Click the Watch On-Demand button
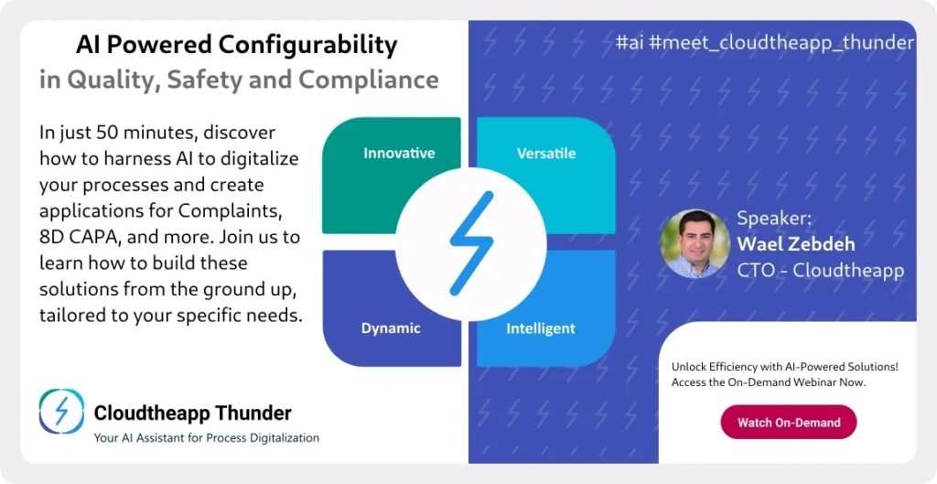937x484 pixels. (x=789, y=423)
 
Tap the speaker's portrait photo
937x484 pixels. (x=695, y=243)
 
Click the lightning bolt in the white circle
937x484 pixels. (x=471, y=243)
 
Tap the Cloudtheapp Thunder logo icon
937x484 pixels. (x=61, y=411)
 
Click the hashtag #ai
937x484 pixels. (x=630, y=43)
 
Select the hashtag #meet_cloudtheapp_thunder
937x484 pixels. (x=781, y=44)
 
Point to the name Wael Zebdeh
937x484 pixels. (x=795, y=243)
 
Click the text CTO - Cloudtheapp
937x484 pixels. (x=821, y=270)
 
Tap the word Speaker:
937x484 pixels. (x=774, y=218)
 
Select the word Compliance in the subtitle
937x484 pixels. (x=368, y=81)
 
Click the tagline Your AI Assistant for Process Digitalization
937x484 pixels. (x=206, y=438)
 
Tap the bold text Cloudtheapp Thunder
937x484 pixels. (x=192, y=413)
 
